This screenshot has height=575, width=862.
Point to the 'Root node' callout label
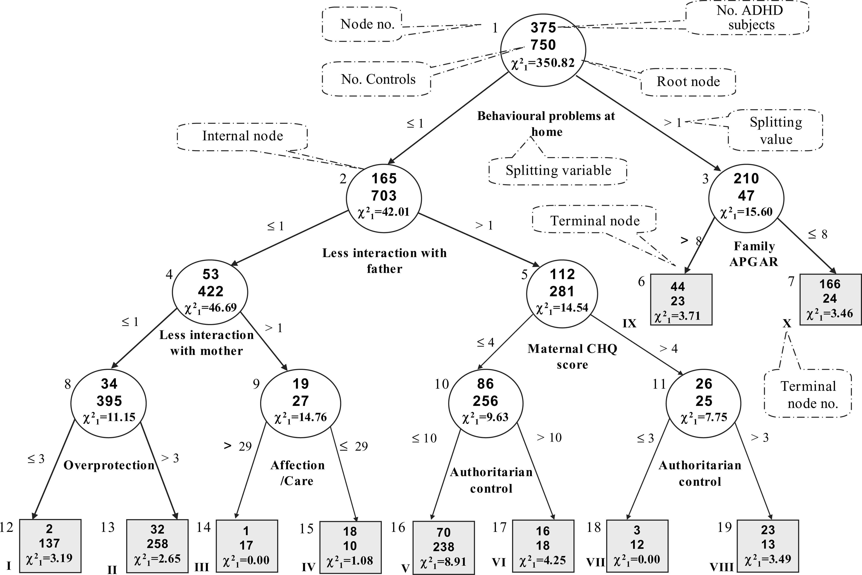[x=688, y=82]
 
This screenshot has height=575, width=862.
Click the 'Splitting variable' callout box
[x=558, y=171]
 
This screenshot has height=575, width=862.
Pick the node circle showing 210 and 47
[x=746, y=198]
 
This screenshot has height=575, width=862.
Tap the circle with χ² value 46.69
[x=210, y=292]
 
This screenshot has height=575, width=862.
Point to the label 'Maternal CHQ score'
[x=572, y=357]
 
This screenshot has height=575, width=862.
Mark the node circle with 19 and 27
[x=301, y=403]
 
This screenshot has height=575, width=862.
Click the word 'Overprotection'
[x=109, y=465]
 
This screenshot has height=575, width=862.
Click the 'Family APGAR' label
[x=754, y=254]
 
